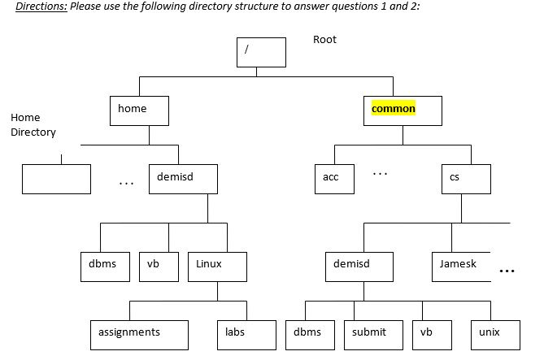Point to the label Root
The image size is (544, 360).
click(x=324, y=39)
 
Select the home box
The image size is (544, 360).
click(x=139, y=110)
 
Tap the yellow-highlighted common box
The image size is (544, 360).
click(x=402, y=110)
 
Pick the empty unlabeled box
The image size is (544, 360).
click(x=56, y=178)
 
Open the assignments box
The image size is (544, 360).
click(x=139, y=333)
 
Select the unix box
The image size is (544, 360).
click(x=495, y=333)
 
